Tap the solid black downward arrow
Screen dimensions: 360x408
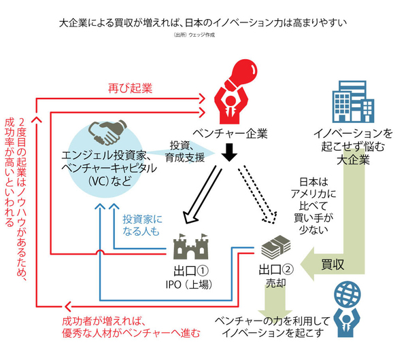pos(229,153)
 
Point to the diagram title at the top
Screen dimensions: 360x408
pos(203,21)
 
